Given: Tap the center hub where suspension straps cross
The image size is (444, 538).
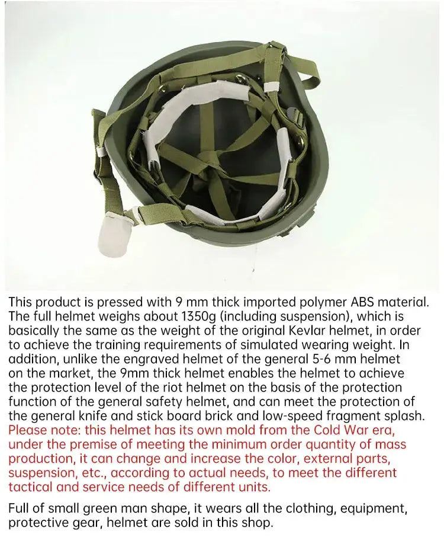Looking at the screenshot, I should (208, 158).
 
